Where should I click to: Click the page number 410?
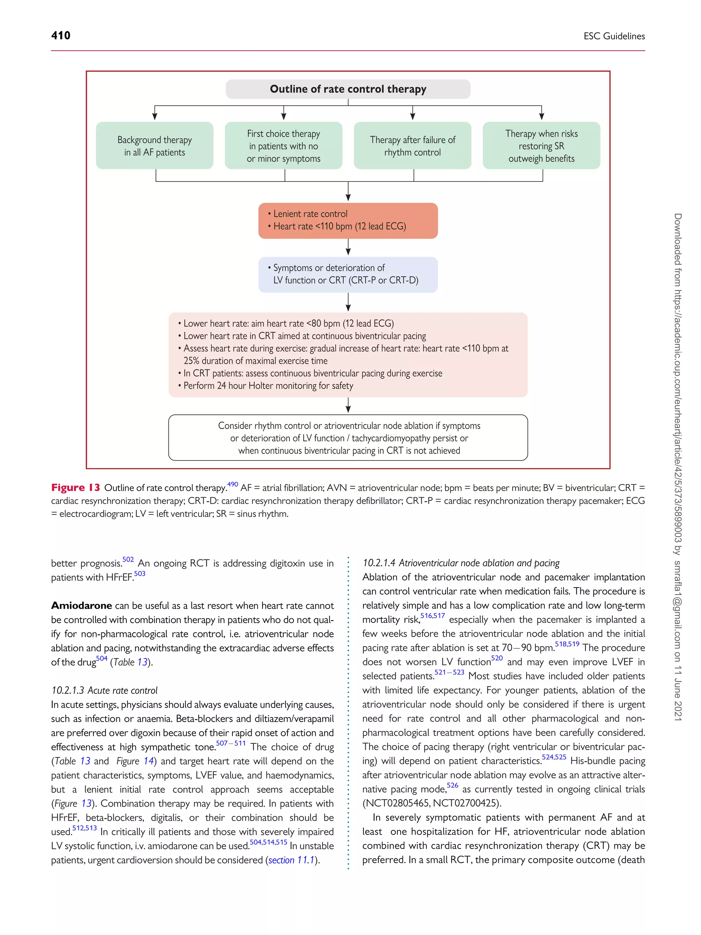tap(61, 36)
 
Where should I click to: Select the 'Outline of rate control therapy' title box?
tap(348, 89)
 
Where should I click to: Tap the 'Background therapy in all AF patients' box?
tap(155, 146)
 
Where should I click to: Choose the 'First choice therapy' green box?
tap(283, 146)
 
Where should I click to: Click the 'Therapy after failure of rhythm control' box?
tap(412, 146)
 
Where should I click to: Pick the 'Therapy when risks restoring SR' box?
tap(541, 146)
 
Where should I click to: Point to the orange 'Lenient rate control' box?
tap(348, 220)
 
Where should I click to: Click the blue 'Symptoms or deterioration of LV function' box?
tap(348, 274)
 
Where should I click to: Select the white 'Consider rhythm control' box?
tap(348, 438)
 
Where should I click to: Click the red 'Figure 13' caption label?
tap(76, 488)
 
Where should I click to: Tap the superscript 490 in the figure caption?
tap(232, 484)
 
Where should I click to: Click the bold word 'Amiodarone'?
tap(81, 606)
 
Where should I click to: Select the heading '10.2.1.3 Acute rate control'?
tap(104, 690)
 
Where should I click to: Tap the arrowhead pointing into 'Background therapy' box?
tap(155, 117)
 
